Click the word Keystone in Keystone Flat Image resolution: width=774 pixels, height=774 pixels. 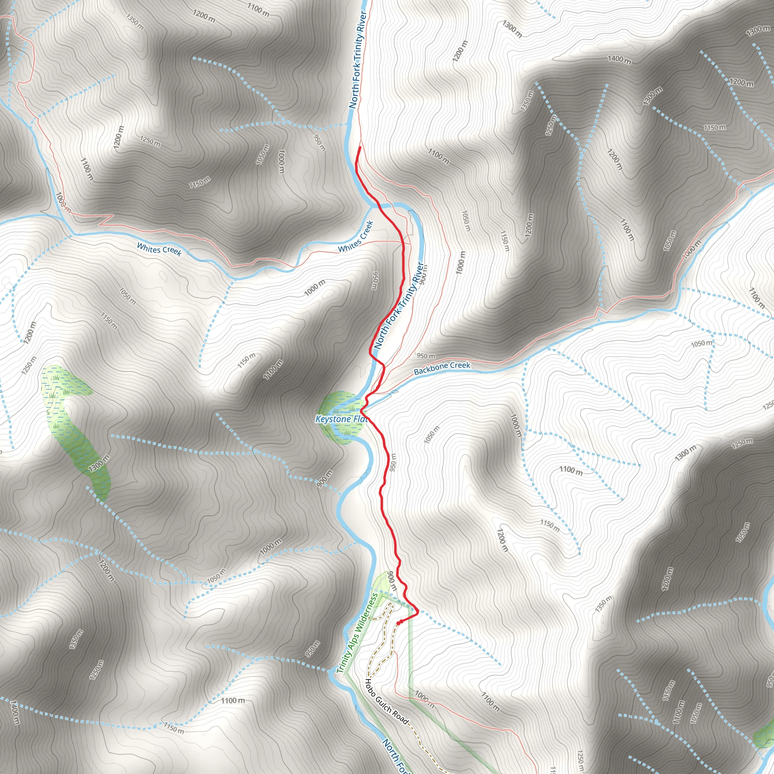pyautogui.click(x=333, y=419)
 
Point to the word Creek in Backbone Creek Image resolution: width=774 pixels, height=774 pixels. pyautogui.click(x=460, y=365)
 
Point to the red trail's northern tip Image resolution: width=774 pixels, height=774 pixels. pyautogui.click(x=360, y=148)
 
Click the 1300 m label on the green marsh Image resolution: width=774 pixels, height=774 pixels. pyautogui.click(x=99, y=463)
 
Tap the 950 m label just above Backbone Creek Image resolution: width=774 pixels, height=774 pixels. pyautogui.click(x=426, y=356)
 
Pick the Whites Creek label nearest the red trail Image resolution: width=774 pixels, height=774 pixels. pyautogui.click(x=356, y=237)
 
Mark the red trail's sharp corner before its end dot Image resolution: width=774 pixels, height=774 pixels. pyautogui.click(x=418, y=612)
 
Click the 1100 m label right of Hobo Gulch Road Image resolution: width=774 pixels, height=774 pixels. pyautogui.click(x=490, y=702)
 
